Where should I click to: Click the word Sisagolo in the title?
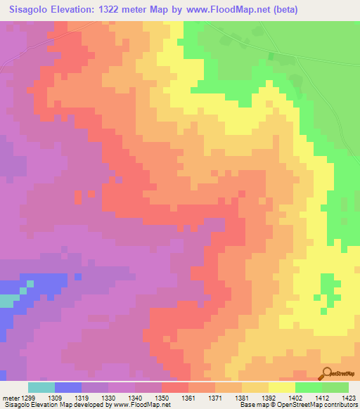pos(32,10)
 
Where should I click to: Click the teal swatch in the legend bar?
pos(41,387)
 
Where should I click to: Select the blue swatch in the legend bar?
pos(68,387)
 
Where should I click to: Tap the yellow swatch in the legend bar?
pos(281,387)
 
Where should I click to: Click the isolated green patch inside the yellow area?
pos(328,285)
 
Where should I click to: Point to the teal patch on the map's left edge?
pos(6,301)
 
